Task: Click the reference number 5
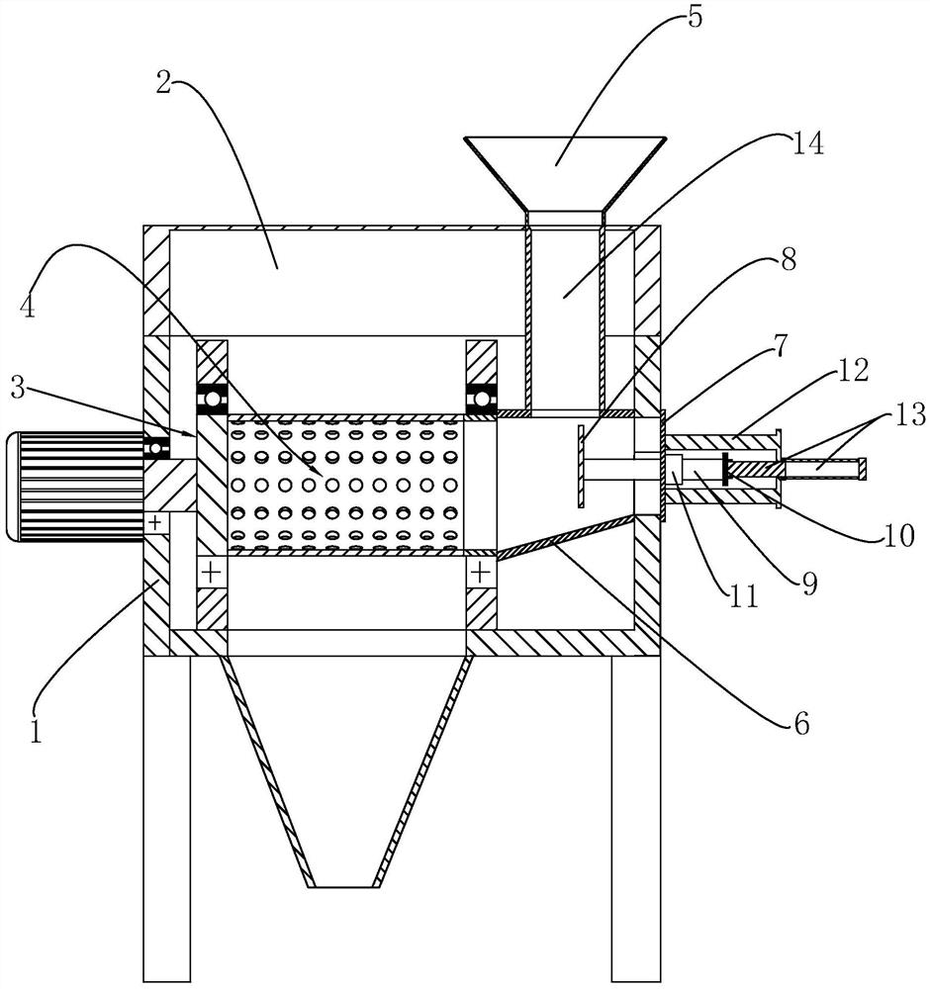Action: click(x=695, y=19)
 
